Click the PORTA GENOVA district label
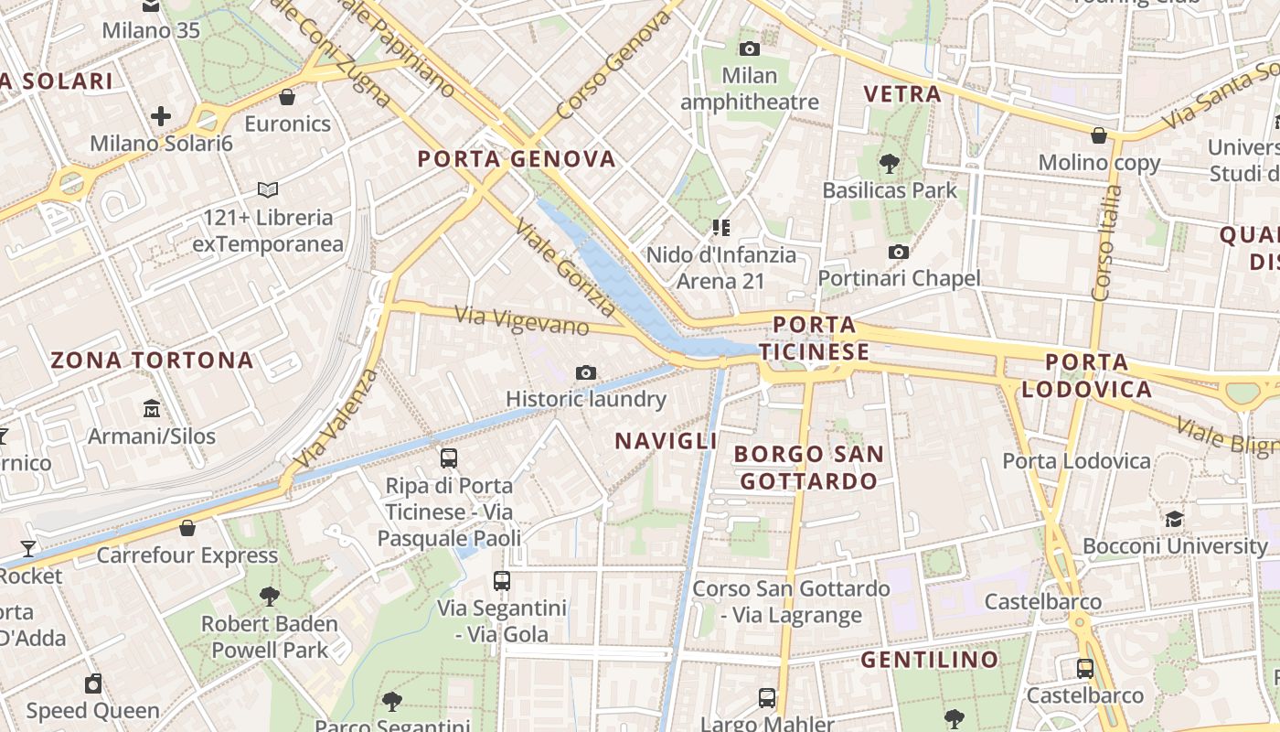(x=517, y=159)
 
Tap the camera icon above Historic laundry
(x=586, y=372)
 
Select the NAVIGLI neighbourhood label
(x=666, y=441)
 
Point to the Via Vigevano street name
(x=522, y=321)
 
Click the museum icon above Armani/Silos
(x=152, y=408)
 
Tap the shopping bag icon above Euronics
(x=287, y=96)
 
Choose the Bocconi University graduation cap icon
(x=1174, y=519)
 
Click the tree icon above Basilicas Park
(x=889, y=164)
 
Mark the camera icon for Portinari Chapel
(x=899, y=252)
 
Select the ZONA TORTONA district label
(x=152, y=360)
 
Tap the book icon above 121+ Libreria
(x=267, y=190)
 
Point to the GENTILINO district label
(x=929, y=660)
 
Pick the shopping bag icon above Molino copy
(x=1099, y=135)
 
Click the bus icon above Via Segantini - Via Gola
(x=501, y=580)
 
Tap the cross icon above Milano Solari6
(x=161, y=116)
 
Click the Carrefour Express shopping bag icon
(x=187, y=528)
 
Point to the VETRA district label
(x=901, y=93)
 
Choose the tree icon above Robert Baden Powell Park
(x=269, y=597)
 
